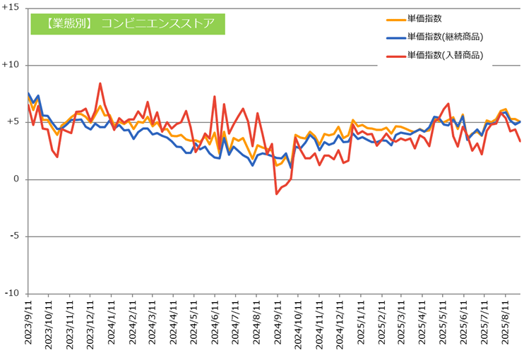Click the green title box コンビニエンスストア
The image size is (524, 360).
click(127, 23)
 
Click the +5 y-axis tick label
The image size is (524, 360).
click(13, 122)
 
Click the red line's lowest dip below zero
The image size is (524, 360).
click(277, 193)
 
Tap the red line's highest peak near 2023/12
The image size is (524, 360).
click(100, 83)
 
